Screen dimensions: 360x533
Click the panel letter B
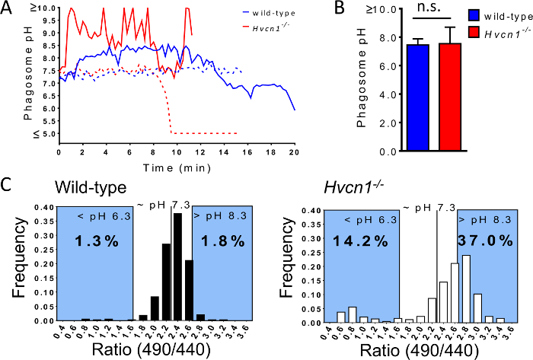318,9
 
